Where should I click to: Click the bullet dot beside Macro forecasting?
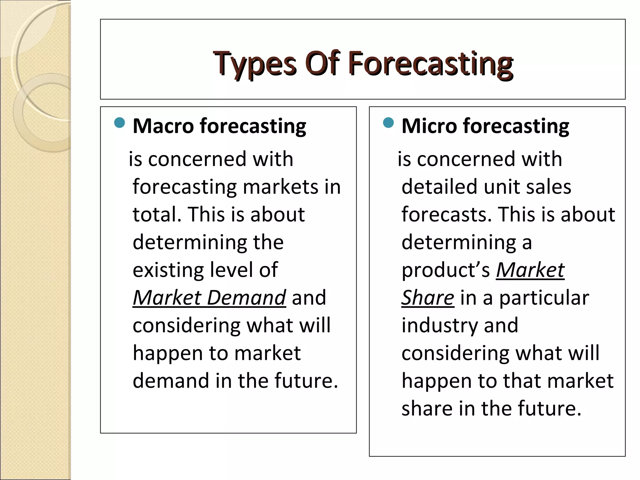tap(120, 123)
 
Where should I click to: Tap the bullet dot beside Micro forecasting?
tap(388, 123)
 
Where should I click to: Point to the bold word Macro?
tap(163, 126)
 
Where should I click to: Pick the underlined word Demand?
tap(246, 297)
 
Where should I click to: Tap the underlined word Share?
tap(427, 297)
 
